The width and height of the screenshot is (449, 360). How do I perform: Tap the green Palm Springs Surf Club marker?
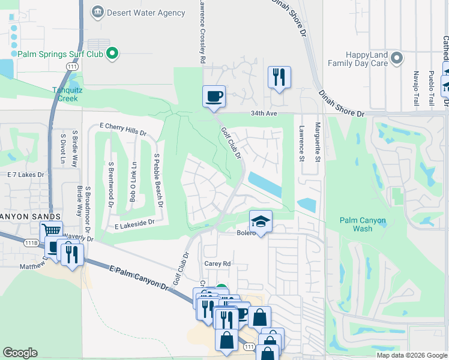pos(112,54)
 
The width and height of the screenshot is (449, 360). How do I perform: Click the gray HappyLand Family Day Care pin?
pos(396,58)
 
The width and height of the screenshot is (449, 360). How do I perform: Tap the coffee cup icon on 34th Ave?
pos(214,97)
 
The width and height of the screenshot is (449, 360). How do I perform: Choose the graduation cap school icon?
pos(261,222)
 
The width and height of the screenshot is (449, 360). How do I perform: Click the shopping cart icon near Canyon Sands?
pos(52,231)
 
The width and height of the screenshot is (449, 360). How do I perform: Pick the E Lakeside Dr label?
pos(134,222)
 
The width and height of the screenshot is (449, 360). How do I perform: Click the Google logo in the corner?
pos(20,353)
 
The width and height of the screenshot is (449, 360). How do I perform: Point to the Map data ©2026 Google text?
pos(412,355)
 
